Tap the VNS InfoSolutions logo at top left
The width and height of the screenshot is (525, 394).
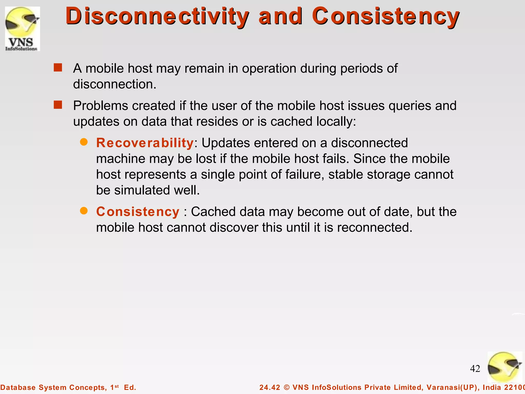23,29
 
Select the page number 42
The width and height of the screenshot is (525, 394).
475,369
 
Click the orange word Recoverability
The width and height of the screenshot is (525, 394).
145,143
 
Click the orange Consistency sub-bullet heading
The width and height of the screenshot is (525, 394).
138,212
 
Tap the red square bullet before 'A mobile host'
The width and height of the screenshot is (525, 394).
58,68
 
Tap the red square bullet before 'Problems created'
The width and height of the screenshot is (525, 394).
58,105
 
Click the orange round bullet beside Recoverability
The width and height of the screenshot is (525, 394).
84,142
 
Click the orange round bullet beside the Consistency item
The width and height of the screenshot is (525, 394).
84,211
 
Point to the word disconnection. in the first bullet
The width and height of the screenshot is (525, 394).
115,84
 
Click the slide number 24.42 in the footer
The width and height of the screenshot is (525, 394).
270,387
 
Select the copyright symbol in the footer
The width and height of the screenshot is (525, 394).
287,387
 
